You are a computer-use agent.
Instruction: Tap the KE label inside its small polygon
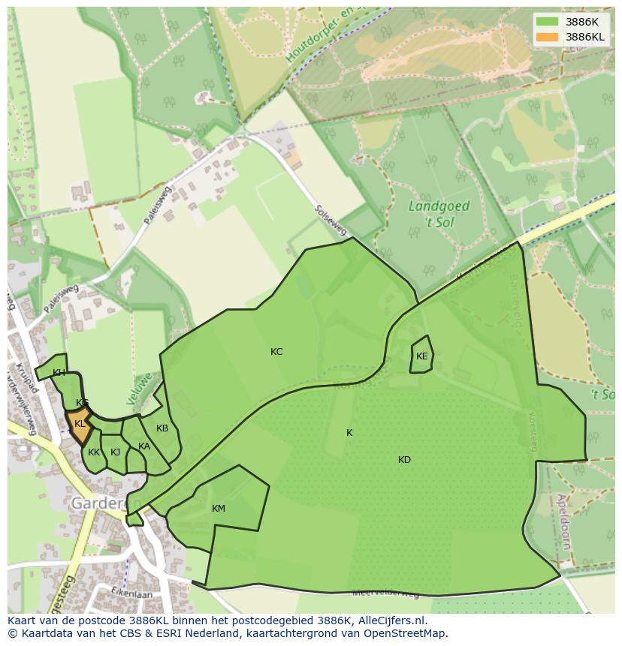click(421, 356)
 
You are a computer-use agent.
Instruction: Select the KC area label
click(276, 352)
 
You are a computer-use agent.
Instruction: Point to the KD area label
click(404, 460)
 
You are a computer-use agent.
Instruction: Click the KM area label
click(219, 509)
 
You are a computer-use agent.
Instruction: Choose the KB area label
click(162, 428)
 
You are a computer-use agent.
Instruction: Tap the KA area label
click(144, 446)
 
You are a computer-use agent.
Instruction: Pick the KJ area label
click(115, 452)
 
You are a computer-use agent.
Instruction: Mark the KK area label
click(94, 452)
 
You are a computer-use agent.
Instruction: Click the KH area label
click(59, 373)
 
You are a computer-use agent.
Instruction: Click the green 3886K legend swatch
click(548, 22)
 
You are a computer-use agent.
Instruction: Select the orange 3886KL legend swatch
click(548, 37)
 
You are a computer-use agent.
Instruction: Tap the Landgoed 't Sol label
click(439, 213)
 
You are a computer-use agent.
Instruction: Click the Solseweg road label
click(330, 219)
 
